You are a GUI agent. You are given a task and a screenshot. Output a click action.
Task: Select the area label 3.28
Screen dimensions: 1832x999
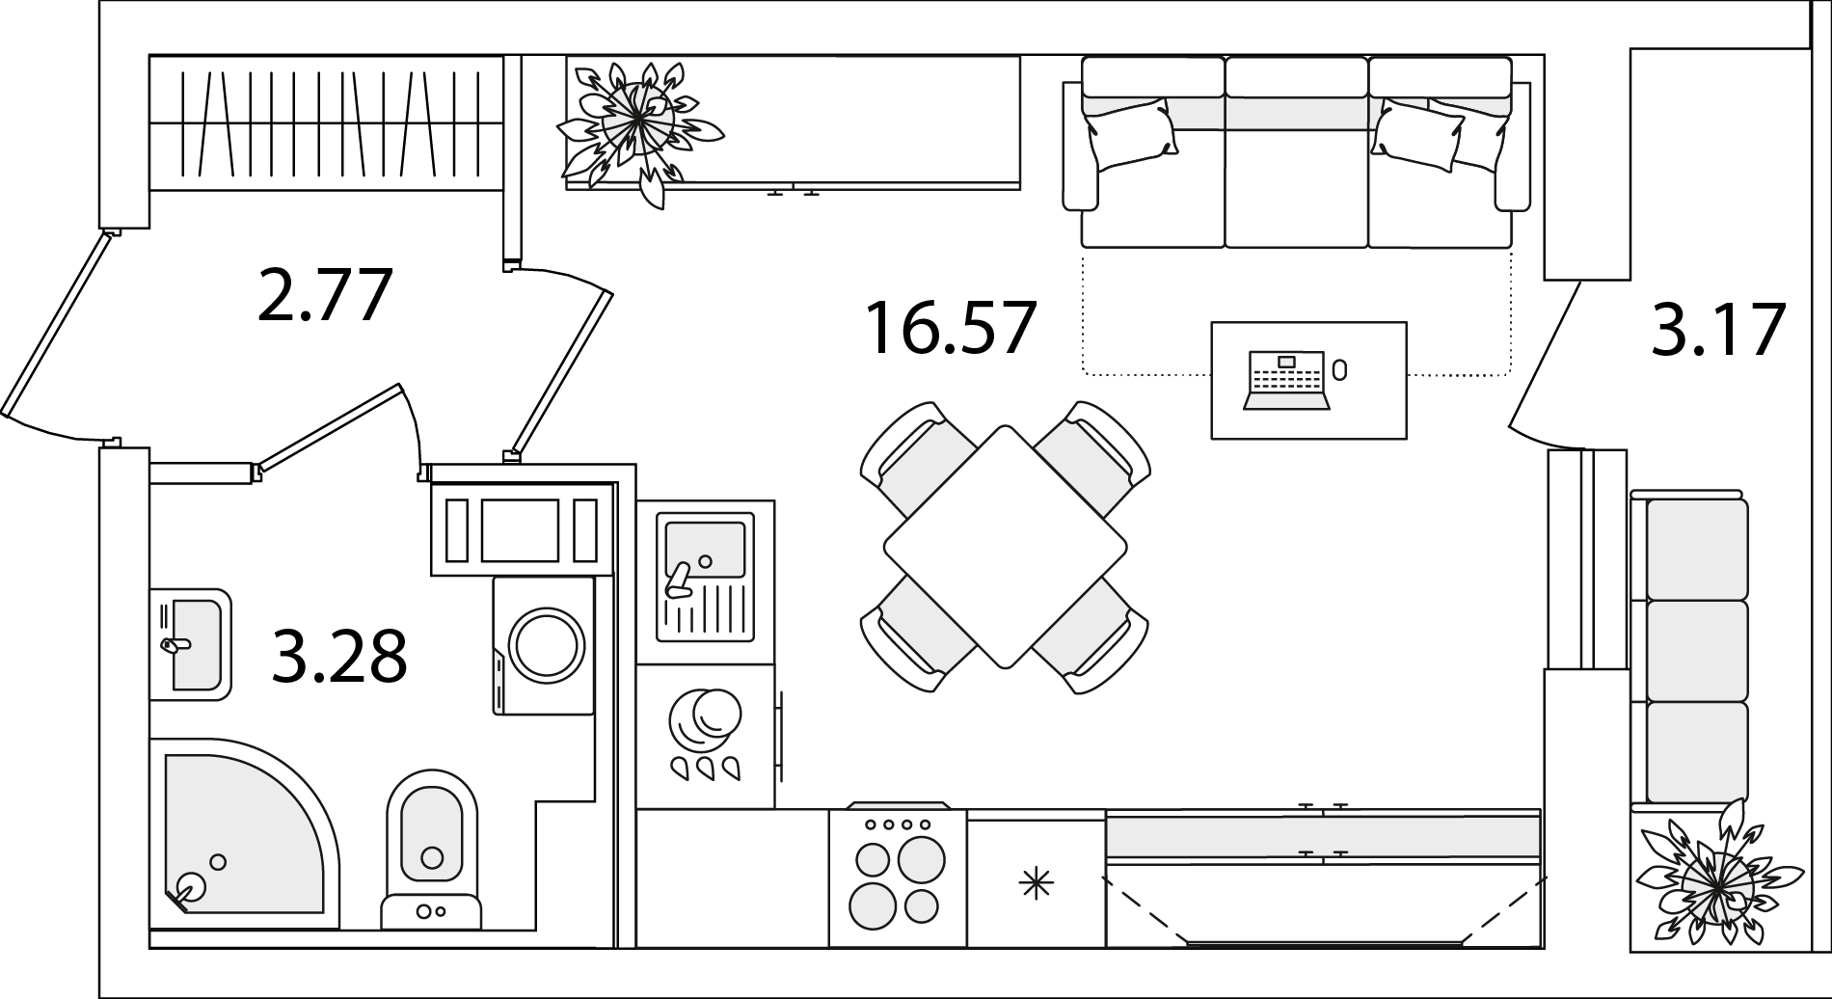(339, 656)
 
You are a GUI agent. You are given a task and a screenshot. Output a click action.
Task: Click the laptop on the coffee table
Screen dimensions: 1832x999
(1287, 380)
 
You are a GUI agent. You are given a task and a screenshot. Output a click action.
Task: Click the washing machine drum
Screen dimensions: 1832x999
(547, 645)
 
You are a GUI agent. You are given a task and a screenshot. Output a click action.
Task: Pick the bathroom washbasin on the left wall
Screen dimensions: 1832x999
(191, 644)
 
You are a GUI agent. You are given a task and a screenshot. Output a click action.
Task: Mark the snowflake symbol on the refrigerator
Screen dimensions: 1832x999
(1037, 883)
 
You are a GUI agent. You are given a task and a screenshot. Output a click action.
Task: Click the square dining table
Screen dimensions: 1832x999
(1006, 547)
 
